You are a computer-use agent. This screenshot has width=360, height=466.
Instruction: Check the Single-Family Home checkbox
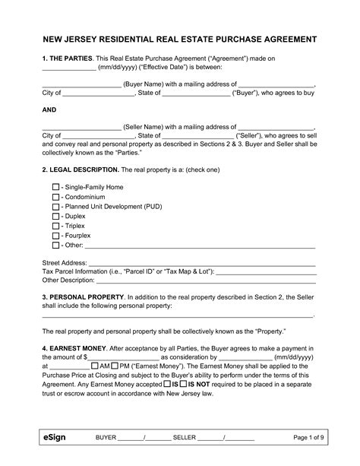(55, 187)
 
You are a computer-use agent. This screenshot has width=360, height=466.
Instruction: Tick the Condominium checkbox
(55, 197)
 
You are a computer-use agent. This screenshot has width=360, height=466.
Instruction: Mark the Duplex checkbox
(55, 217)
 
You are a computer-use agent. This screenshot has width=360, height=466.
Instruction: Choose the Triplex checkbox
(55, 226)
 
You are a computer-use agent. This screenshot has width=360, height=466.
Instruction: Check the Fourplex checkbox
(55, 236)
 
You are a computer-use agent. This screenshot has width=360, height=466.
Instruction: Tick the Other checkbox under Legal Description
(55, 246)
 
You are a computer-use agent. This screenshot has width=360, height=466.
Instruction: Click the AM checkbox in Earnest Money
(93, 365)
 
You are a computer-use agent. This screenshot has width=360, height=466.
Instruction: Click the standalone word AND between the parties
(48, 108)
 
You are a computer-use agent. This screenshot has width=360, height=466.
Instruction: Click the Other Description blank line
(205, 281)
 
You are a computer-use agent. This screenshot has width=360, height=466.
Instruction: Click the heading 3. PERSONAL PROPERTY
(83, 295)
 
